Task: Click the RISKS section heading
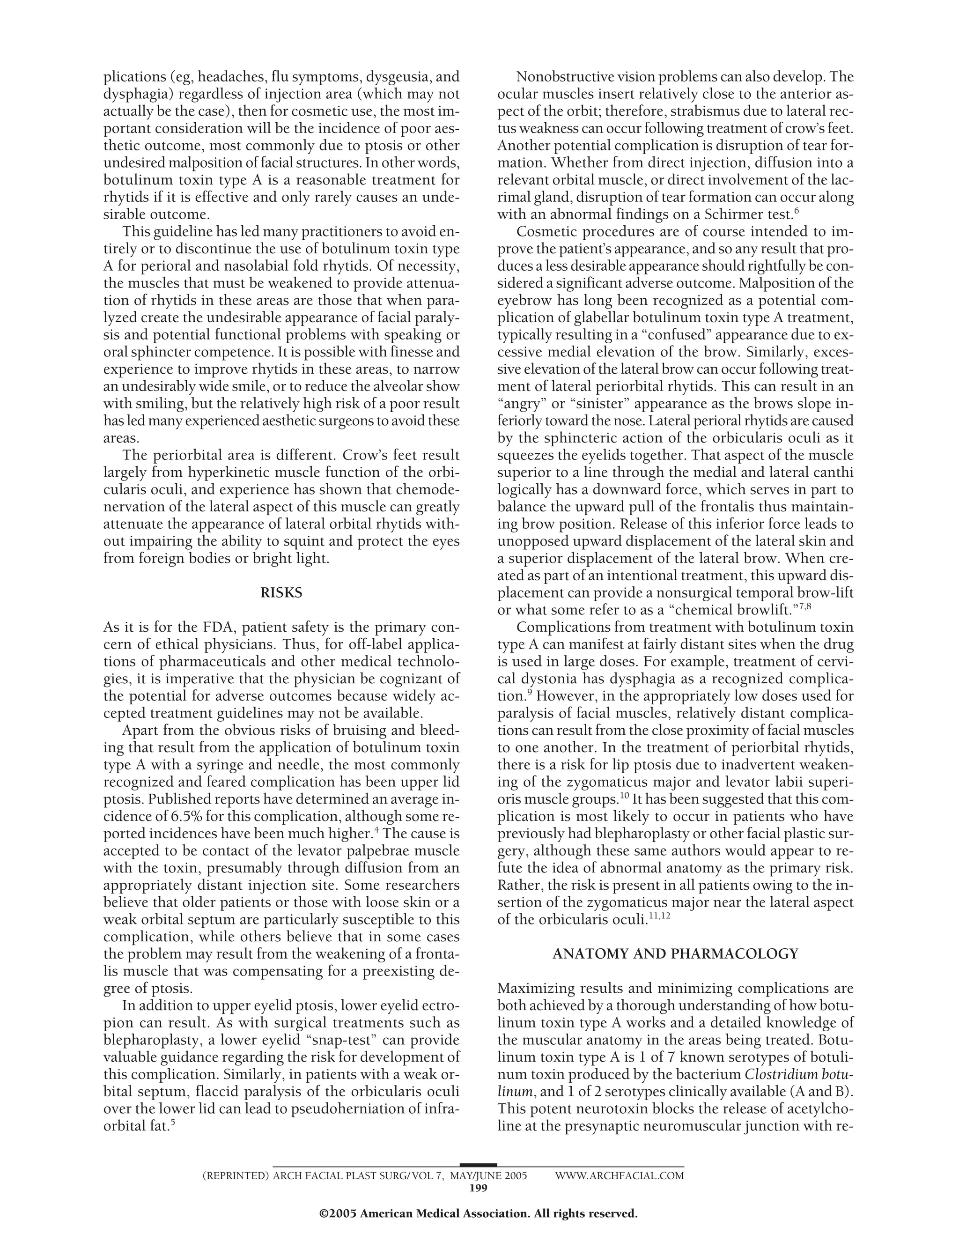281,593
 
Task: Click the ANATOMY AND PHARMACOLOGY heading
675,954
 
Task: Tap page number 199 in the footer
479,1188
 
